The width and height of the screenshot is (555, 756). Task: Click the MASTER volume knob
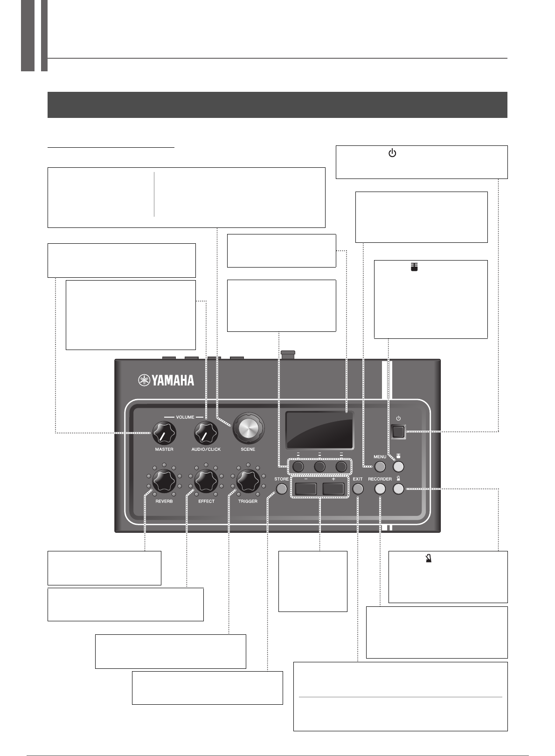click(164, 433)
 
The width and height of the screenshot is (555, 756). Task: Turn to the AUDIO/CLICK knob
click(206, 433)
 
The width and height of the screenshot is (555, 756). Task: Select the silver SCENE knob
click(248, 427)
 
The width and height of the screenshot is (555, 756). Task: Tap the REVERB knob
click(164, 481)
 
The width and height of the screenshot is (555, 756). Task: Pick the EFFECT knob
click(206, 481)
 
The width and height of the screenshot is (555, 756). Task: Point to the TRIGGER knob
click(248, 481)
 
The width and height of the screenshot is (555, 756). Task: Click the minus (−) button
click(306, 489)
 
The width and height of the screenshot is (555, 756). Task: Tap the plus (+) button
click(333, 489)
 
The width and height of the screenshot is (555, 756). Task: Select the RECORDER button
click(380, 489)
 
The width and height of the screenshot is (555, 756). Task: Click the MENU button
click(380, 467)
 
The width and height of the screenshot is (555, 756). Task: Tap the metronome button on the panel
click(398, 489)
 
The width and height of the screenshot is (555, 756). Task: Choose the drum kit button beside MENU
click(398, 467)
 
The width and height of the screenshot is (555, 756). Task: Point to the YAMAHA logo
click(166, 380)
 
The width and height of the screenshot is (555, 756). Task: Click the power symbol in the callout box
click(392, 153)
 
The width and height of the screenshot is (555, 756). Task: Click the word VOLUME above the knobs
click(185, 417)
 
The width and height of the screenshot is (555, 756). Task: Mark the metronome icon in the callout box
click(429, 558)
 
